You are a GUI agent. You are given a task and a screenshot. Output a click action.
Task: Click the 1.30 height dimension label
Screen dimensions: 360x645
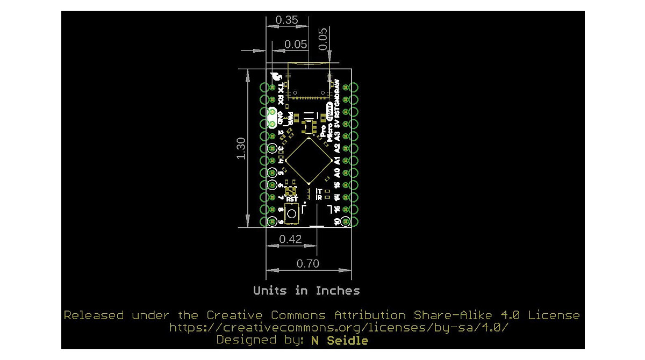coord(241,148)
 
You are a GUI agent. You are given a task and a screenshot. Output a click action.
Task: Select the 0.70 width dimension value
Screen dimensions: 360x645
coord(308,263)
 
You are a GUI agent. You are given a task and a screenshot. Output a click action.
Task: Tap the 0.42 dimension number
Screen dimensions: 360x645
coord(291,240)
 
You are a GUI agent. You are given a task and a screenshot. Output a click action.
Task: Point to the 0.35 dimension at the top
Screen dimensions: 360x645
coord(286,20)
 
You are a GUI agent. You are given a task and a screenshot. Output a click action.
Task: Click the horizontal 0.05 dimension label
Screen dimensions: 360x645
coord(296,45)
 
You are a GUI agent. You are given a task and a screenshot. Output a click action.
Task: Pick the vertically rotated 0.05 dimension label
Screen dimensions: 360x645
coord(322,39)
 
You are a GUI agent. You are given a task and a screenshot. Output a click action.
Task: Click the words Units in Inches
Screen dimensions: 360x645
coord(306,291)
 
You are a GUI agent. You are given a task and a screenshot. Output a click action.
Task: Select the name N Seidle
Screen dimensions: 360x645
coord(340,341)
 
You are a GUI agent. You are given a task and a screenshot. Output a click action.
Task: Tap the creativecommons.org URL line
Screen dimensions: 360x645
coord(339,328)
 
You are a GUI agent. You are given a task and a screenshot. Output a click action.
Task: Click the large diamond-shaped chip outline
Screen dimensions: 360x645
coord(308,161)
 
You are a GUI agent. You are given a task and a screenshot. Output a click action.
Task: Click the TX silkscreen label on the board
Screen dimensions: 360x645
coord(281,88)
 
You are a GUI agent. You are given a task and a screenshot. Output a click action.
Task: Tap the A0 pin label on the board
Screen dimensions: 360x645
coord(337,172)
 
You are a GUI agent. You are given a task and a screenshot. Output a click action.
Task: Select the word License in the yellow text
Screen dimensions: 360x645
coord(554,315)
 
